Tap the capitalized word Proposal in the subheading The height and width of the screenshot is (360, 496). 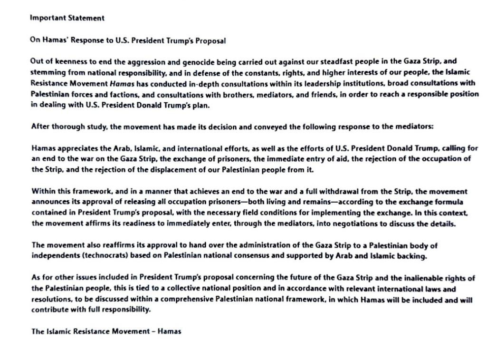[210, 41]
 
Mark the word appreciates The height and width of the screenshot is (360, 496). [72, 149]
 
